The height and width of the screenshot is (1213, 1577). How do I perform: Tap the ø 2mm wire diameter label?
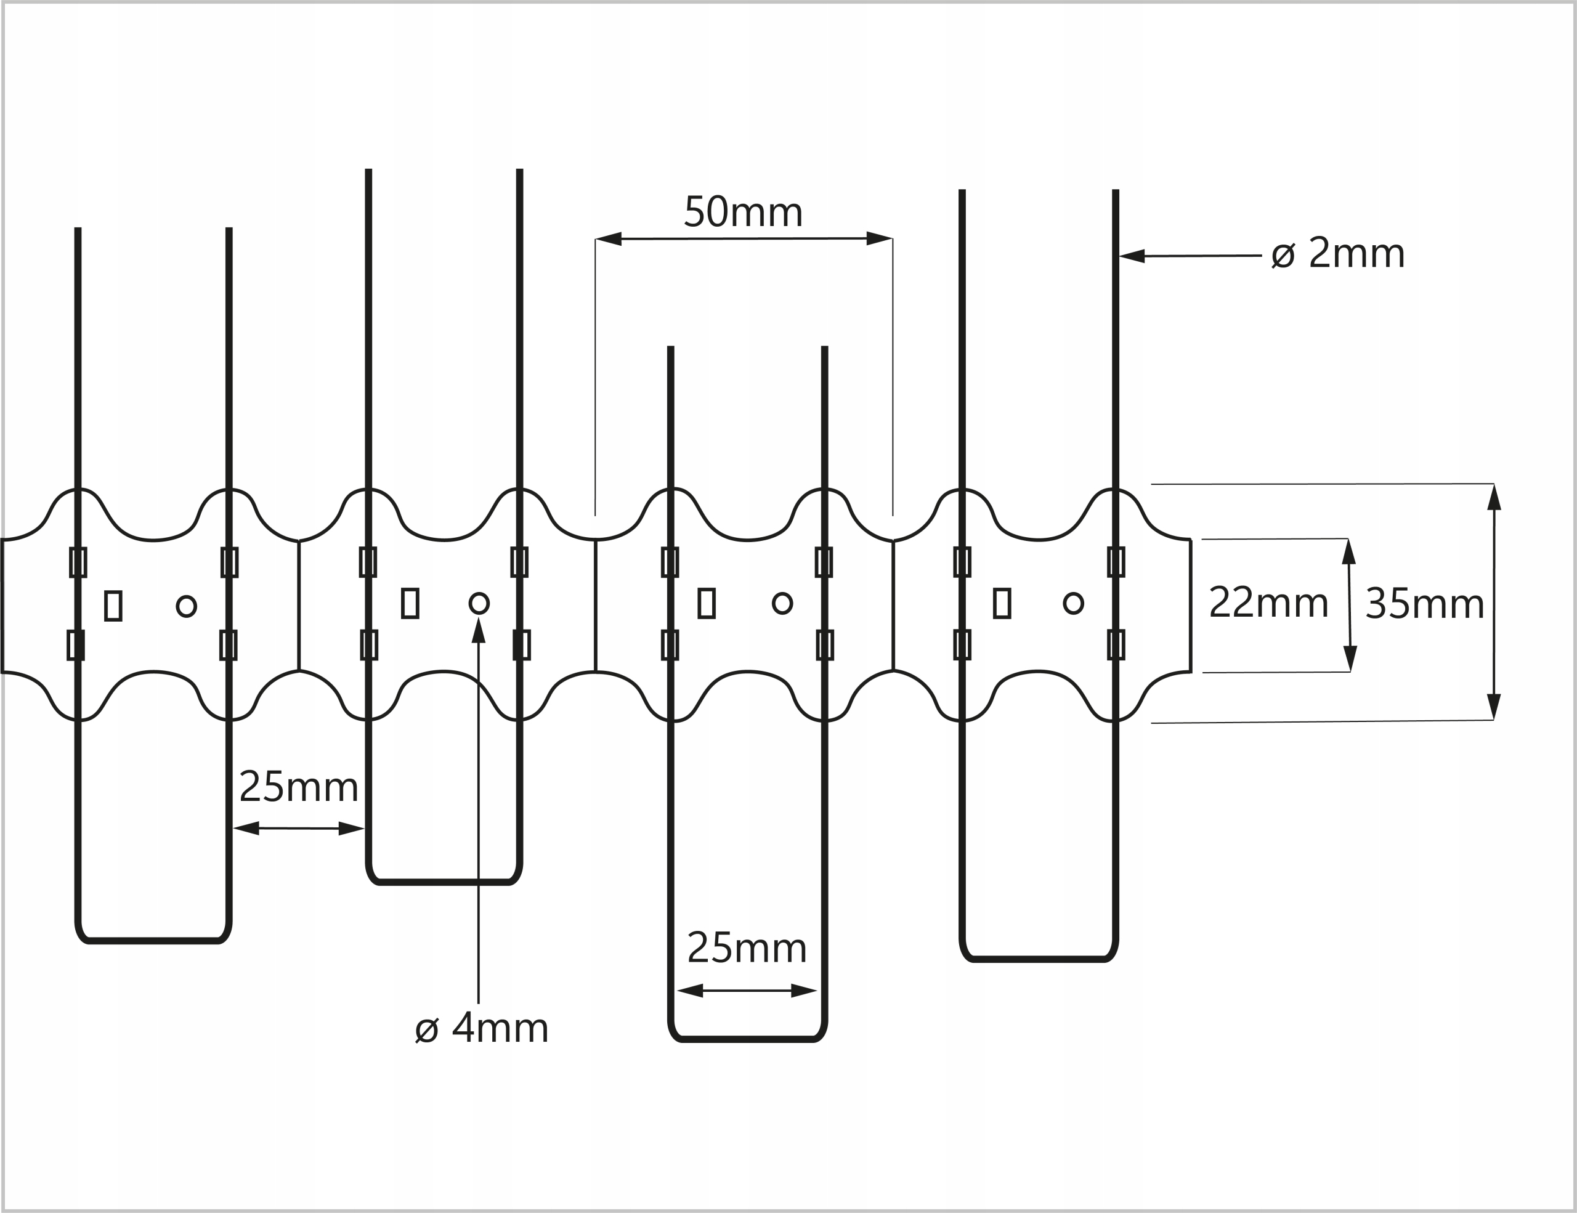pyautogui.click(x=1338, y=253)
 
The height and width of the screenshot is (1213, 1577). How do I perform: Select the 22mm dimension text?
pyautogui.click(x=1268, y=603)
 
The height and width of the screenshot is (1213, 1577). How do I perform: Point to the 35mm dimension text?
pyautogui.click(x=1424, y=604)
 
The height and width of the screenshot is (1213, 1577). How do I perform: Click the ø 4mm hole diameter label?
pyautogui.click(x=482, y=1028)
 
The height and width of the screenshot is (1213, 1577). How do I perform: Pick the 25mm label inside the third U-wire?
pyautogui.click(x=747, y=948)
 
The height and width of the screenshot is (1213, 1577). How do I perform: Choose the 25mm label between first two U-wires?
pyautogui.click(x=298, y=787)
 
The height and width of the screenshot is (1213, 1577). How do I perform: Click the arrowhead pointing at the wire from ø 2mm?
pyautogui.click(x=1132, y=256)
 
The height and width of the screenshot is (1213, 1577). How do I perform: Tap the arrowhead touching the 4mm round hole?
pyautogui.click(x=478, y=630)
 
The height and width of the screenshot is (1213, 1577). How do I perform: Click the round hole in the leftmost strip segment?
pyautogui.click(x=186, y=606)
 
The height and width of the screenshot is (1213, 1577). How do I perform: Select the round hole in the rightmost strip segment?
pyautogui.click(x=1073, y=603)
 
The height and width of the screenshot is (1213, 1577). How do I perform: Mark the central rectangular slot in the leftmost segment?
pyautogui.click(x=113, y=606)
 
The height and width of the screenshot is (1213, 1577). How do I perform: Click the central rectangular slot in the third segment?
pyautogui.click(x=706, y=603)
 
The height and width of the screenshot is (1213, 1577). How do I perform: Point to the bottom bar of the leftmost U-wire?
pyautogui.click(x=153, y=941)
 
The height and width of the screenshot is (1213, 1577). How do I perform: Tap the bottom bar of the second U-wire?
pyautogui.click(x=444, y=882)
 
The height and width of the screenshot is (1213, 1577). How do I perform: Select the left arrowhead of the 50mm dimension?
pyautogui.click(x=609, y=239)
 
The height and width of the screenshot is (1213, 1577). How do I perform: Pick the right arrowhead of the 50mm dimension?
pyautogui.click(x=880, y=238)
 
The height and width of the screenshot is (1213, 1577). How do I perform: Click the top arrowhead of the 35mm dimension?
pyautogui.click(x=1494, y=498)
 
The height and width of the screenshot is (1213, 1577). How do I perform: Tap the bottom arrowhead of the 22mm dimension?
pyautogui.click(x=1350, y=659)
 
